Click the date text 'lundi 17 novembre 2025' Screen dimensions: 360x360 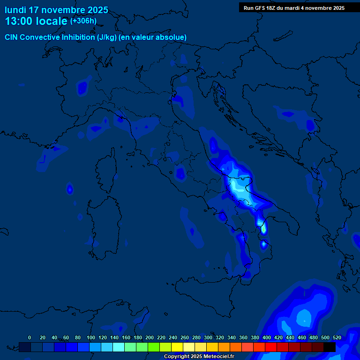click(x=56, y=10)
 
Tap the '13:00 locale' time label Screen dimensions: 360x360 click(x=36, y=21)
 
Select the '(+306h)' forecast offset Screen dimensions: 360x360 click(x=83, y=21)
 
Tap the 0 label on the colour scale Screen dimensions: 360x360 click(x=30, y=337)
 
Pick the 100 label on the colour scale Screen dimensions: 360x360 click(x=91, y=337)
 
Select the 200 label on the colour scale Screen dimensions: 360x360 click(x=150, y=337)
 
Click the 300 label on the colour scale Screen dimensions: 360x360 click(x=208, y=337)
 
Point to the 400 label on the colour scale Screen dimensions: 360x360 click(x=267, y=337)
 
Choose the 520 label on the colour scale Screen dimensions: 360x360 click(x=337, y=337)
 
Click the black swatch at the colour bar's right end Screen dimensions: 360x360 click(x=330, y=347)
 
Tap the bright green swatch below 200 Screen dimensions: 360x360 click(x=154, y=347)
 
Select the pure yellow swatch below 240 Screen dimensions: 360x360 click(x=177, y=347)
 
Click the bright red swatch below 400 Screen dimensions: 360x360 click(x=271, y=347)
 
